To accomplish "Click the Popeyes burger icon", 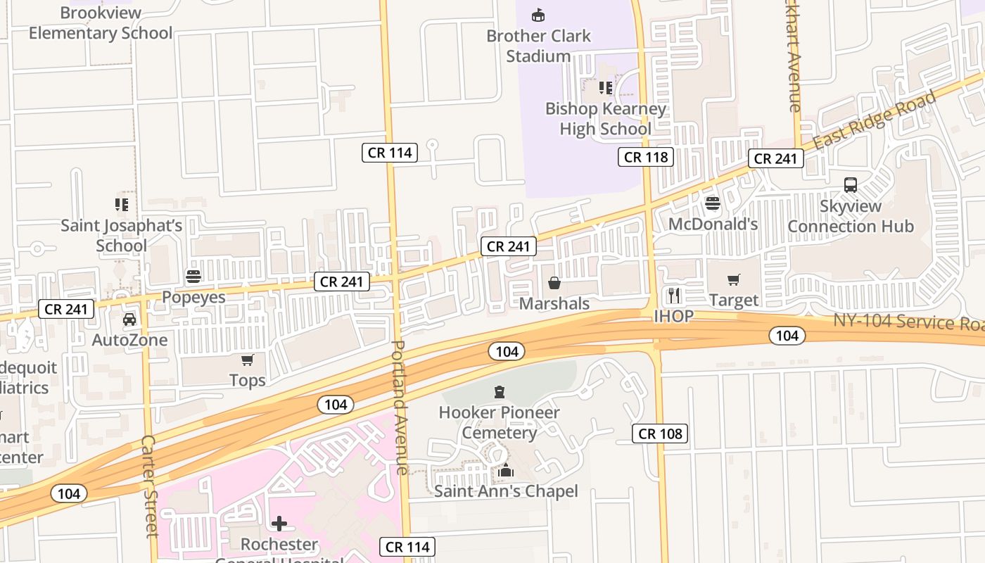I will coord(193,277).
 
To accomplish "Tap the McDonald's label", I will coord(713,224).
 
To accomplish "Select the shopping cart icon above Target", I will coord(734,280).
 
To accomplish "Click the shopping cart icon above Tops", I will coord(247,360).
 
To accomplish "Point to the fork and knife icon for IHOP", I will coord(674,295).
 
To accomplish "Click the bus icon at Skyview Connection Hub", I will coord(850,185).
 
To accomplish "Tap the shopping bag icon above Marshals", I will coord(554,283).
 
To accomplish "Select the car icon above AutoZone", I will coord(129,320).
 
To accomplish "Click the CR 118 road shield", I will coord(646,157).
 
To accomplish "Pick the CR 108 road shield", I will coord(660,434).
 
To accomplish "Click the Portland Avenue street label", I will coord(400,408).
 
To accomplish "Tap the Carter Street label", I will coord(149,486).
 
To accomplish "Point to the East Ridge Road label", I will coord(875,120).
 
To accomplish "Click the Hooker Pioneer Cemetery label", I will coord(499,422).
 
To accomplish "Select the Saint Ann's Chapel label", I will coord(506,491).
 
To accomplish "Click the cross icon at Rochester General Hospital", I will coord(279,524).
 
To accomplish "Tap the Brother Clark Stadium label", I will coord(538,46).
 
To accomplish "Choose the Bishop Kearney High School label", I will coord(605,119).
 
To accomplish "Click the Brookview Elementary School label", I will coord(101,23).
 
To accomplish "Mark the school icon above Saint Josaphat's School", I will coord(122,205).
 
